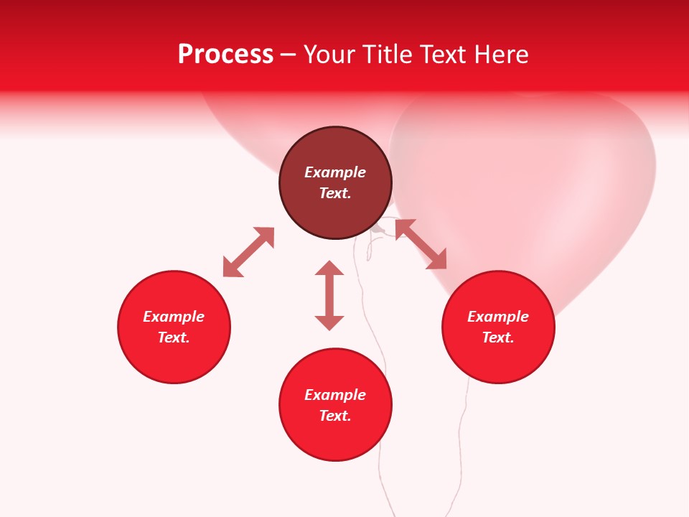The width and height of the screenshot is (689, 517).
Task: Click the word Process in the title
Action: click(225, 55)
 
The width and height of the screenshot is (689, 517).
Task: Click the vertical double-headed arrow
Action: click(329, 295)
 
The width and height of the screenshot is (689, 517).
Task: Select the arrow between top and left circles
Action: click(248, 252)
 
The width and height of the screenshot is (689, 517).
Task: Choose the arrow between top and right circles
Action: click(421, 244)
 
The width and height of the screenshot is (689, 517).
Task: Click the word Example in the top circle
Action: click(335, 172)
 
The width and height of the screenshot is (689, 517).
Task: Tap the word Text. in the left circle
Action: click(174, 337)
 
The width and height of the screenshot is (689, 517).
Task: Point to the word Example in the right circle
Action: click(498, 317)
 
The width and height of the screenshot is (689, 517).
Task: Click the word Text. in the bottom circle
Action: click(335, 416)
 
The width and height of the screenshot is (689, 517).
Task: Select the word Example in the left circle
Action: click(174, 317)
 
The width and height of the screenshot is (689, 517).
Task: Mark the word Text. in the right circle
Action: click(498, 337)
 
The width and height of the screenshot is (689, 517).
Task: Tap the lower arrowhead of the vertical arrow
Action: click(329, 323)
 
